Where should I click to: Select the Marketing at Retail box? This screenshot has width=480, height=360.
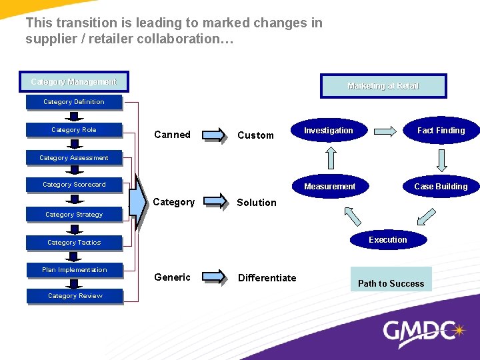point(383,86)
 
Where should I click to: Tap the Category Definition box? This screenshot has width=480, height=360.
point(74,102)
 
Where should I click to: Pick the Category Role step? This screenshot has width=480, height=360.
point(74,130)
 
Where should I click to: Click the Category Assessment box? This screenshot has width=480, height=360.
point(74,158)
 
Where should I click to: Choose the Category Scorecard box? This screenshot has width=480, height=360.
point(74,185)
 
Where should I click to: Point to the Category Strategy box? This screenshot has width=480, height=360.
point(74,215)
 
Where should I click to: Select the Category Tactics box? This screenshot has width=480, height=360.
point(74,243)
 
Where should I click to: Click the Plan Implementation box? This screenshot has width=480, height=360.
point(74,270)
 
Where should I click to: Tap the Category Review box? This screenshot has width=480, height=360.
point(75,296)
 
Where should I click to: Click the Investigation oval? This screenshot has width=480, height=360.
point(329,131)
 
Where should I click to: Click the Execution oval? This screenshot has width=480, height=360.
point(388,240)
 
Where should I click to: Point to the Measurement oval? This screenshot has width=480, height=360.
point(330,187)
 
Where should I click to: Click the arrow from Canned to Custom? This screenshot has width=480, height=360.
point(214,135)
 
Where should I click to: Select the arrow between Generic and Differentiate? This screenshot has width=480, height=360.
point(214,277)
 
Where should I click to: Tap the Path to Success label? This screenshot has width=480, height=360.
point(391,283)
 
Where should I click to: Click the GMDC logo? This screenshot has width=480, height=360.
point(423,331)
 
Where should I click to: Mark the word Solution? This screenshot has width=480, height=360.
point(257,203)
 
